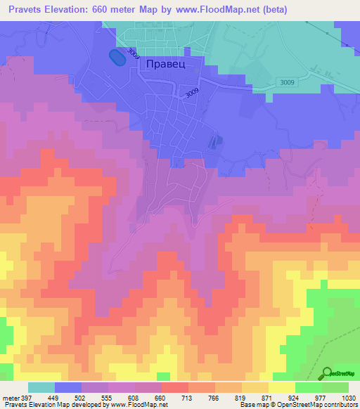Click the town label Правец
click(165, 64)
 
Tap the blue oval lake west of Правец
click(117, 58)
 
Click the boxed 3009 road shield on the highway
click(307, 83)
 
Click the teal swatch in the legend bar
click(41, 387)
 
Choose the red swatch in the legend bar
click(175, 387)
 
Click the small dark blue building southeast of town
click(214, 143)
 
